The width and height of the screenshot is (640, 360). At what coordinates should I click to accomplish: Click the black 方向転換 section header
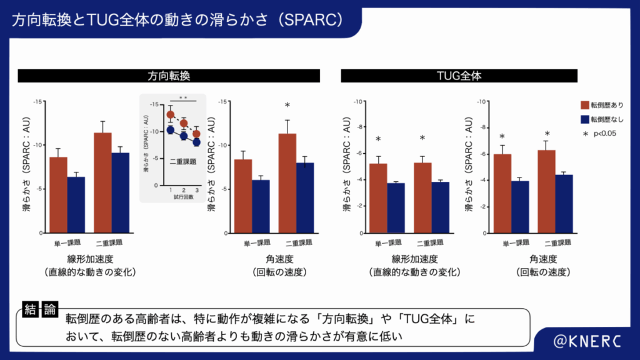[x=169, y=76]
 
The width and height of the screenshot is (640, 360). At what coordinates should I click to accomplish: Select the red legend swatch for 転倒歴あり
[x=587, y=105]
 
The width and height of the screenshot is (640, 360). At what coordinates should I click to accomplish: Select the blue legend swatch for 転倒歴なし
[x=587, y=119]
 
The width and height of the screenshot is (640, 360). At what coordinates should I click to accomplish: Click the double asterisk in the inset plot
[x=183, y=98]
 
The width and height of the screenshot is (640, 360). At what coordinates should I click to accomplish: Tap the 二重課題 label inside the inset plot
[x=183, y=161]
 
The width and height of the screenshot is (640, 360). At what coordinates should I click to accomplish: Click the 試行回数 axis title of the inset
[x=184, y=196]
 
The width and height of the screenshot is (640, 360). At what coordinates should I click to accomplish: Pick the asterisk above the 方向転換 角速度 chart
[x=287, y=106]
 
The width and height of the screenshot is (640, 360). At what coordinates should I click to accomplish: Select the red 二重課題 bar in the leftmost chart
[x=103, y=182]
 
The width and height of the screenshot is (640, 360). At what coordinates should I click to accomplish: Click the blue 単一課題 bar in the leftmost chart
[x=76, y=204]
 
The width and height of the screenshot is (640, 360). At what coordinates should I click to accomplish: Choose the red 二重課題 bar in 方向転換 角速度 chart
[x=287, y=183]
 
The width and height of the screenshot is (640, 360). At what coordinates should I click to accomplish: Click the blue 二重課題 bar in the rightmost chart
[x=564, y=204]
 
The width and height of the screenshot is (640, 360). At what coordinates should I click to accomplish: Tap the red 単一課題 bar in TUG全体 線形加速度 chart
[x=378, y=198]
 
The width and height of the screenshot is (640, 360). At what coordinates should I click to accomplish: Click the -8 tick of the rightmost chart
[x=482, y=127]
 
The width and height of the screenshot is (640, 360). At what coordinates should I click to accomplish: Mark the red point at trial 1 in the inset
[x=170, y=115]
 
